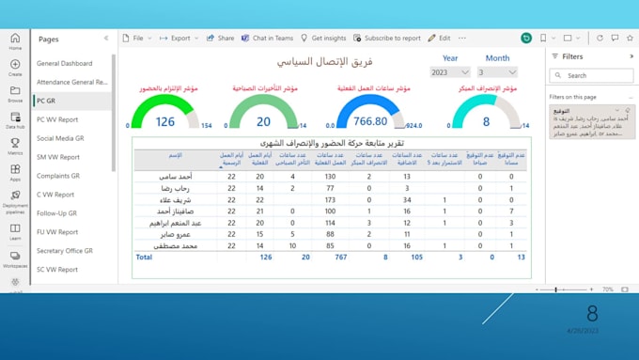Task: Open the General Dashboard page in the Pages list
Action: coord(64,63)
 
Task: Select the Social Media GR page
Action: coord(60,138)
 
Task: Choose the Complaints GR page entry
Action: coord(59,176)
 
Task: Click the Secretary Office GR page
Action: coord(65,251)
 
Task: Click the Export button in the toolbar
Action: coord(179,39)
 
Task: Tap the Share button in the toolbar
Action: coord(220,39)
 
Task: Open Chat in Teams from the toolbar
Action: coord(269,39)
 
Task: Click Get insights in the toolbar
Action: coord(323,39)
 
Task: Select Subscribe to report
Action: coord(387,39)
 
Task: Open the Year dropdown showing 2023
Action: coord(450,72)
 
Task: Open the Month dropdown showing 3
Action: coord(497,72)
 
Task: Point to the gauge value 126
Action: coord(165,121)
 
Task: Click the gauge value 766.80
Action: coord(368,121)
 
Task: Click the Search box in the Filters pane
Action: coord(594,75)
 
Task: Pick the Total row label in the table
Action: coord(144,257)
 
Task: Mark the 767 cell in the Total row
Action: coord(340,257)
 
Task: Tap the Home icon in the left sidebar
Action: coord(15,41)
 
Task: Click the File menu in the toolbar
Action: coord(139,39)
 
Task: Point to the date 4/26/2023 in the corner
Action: coord(582,331)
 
